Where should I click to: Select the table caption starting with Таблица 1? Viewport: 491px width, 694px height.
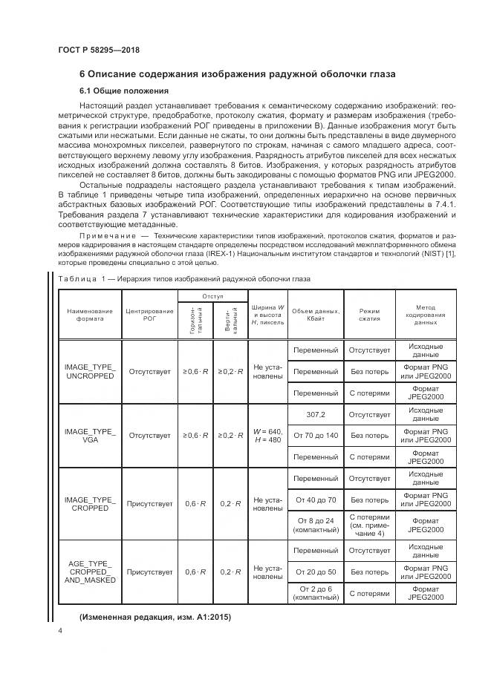point(184,278)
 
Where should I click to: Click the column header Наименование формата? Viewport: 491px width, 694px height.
point(90,314)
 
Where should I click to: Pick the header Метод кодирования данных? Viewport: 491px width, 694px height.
point(426,314)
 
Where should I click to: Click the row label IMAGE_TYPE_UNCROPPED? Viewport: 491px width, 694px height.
point(90,371)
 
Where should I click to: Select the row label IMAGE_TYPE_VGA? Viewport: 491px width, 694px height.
point(90,435)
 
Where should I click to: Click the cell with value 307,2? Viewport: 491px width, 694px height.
point(316,414)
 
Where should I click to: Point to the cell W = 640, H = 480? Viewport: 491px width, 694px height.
point(267,435)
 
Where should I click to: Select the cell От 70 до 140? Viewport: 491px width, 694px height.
point(316,435)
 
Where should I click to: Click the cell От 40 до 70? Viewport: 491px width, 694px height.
point(316,500)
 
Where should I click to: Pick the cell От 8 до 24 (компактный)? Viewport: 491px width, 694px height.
point(316,526)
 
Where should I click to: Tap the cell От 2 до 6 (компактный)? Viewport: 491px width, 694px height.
point(316,593)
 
